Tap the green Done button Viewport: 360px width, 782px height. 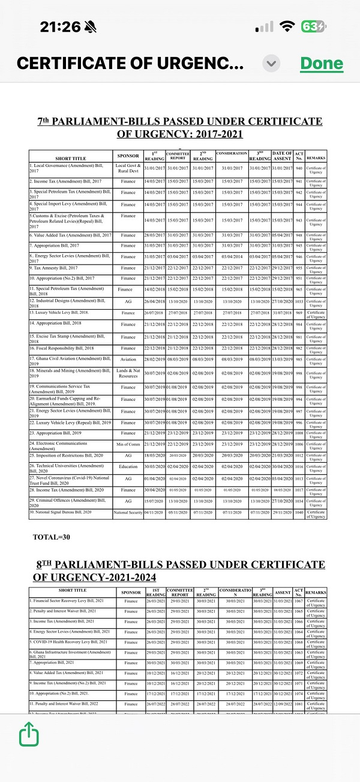click(x=322, y=63)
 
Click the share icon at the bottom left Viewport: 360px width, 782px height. click(x=28, y=733)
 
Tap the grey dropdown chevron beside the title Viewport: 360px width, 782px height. click(x=272, y=63)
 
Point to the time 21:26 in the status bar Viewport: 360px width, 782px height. click(x=60, y=26)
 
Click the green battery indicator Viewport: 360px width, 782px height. click(x=314, y=27)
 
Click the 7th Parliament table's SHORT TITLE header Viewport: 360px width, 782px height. click(x=71, y=158)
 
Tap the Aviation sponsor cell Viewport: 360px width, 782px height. click(x=128, y=360)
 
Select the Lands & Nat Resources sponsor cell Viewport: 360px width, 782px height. click(x=128, y=373)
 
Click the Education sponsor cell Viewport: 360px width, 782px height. click(x=128, y=466)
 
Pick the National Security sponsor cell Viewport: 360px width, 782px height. click(x=128, y=513)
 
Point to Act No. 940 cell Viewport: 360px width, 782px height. click(x=299, y=168)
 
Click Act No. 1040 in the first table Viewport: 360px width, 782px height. click(x=299, y=513)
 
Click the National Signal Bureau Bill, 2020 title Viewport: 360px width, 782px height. click(x=61, y=512)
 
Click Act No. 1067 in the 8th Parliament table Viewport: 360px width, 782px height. click(x=299, y=601)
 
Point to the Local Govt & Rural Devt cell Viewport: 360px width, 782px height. click(x=128, y=168)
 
